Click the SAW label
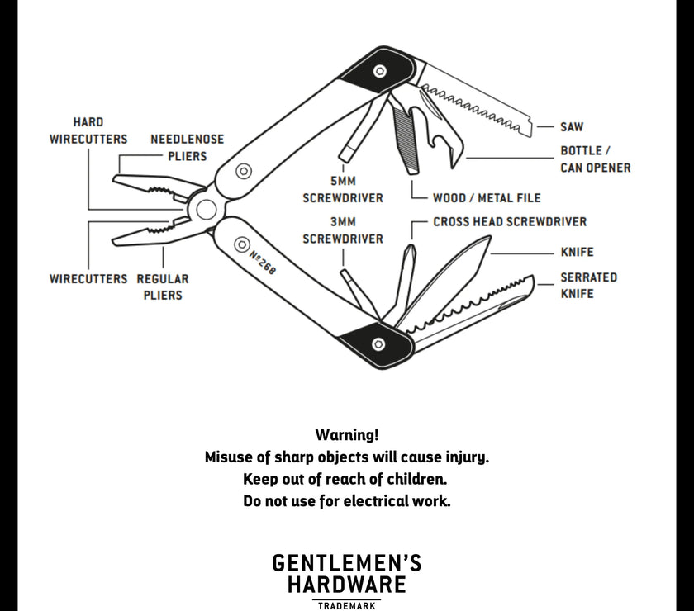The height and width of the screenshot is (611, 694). click(x=572, y=127)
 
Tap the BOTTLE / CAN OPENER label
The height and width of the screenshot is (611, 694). click(x=595, y=159)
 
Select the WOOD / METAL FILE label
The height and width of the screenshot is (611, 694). click(x=487, y=198)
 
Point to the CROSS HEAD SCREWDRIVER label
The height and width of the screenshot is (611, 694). click(x=510, y=222)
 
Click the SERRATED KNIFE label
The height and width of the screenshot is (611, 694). click(x=588, y=285)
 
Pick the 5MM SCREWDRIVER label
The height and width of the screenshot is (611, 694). click(x=343, y=190)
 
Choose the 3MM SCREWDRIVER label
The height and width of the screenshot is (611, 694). click(x=343, y=230)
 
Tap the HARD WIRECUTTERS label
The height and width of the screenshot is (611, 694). click(x=88, y=130)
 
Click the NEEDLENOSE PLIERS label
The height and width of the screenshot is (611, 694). click(x=187, y=148)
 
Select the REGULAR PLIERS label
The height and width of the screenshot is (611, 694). click(x=163, y=287)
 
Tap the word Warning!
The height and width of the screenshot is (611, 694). click(x=347, y=434)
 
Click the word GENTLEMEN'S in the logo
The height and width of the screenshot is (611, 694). click(x=347, y=564)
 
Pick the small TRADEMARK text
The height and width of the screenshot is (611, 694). click(x=347, y=605)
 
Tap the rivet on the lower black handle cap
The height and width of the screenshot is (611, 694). click(x=378, y=343)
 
